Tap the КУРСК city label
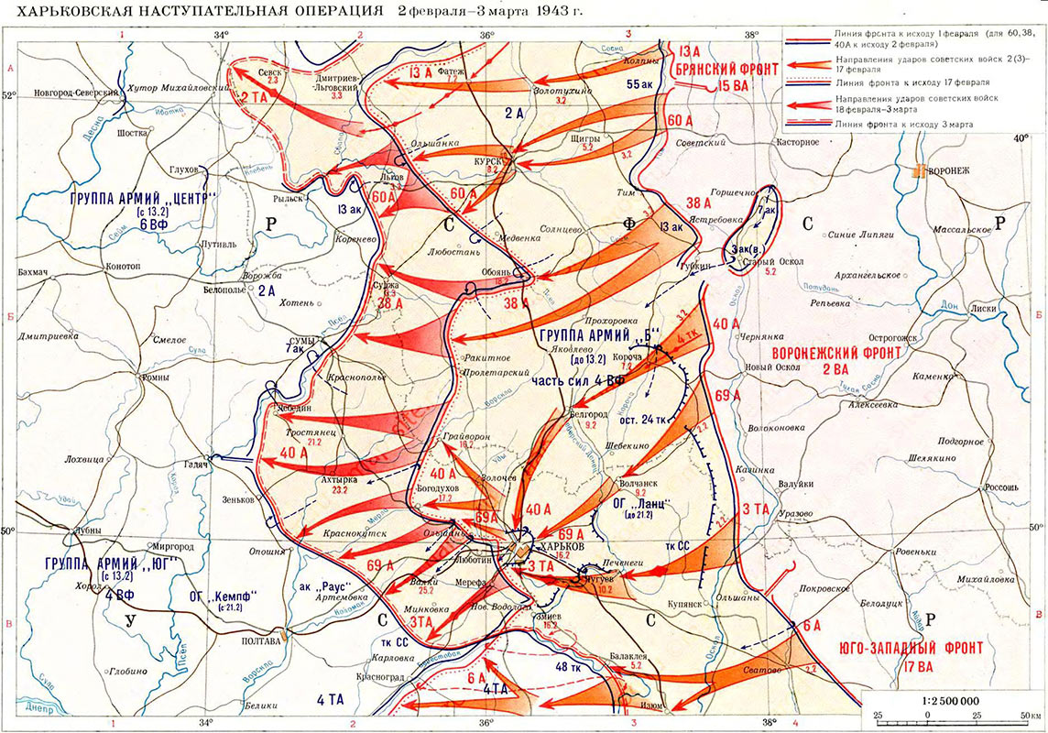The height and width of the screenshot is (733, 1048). click(486, 158)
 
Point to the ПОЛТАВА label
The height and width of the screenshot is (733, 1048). click(260, 641)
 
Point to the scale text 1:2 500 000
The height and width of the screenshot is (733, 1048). click(952, 697)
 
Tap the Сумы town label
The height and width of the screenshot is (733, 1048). click(300, 340)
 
